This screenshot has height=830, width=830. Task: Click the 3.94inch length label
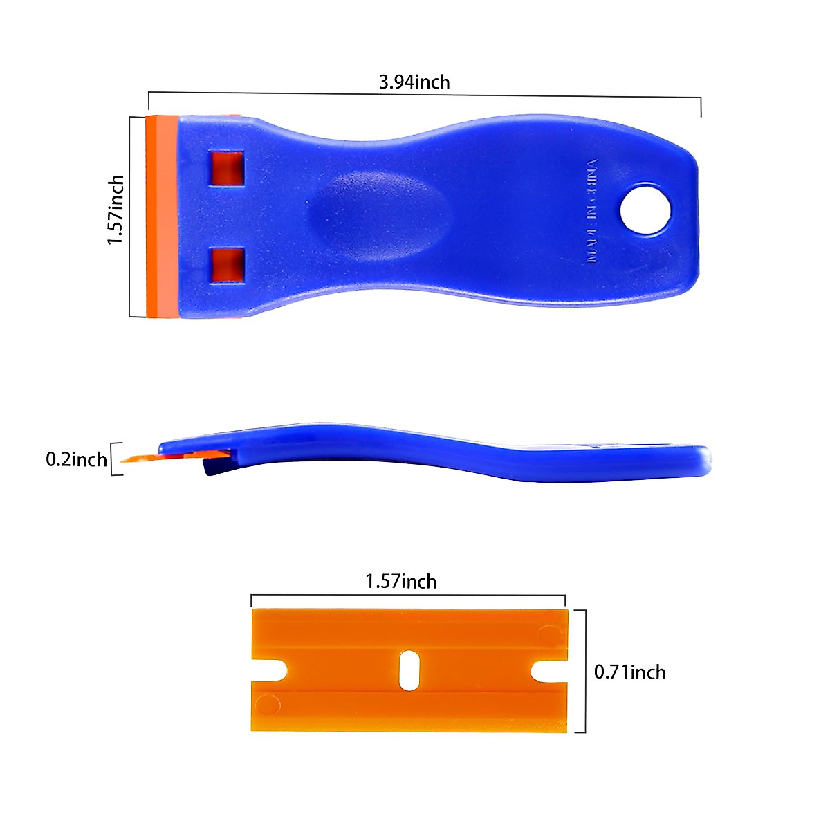pyautogui.click(x=414, y=82)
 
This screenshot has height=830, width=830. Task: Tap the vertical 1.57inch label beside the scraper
pyautogui.click(x=116, y=210)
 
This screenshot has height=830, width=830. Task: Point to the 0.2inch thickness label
pyautogui.click(x=76, y=459)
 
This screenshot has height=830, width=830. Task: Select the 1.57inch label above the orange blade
pyautogui.click(x=401, y=581)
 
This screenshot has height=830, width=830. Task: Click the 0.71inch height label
pyautogui.click(x=630, y=672)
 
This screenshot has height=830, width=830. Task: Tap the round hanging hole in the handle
pyautogui.click(x=646, y=210)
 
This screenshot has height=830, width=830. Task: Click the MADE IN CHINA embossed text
pyautogui.click(x=591, y=210)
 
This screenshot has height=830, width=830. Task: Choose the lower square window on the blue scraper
pyautogui.click(x=228, y=265)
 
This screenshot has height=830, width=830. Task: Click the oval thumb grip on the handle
pyautogui.click(x=377, y=210)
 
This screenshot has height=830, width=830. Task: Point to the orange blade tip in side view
pyautogui.click(x=138, y=458)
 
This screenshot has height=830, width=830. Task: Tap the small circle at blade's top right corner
pyautogui.click(x=549, y=634)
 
